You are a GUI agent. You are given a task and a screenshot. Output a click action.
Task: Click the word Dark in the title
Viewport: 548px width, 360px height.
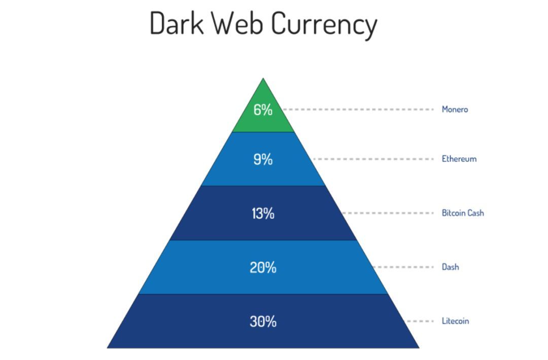[x=177, y=23]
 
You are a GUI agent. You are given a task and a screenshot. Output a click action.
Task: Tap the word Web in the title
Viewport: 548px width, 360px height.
[x=237, y=23]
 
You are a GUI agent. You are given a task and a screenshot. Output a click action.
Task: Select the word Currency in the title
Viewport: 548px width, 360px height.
[x=324, y=25]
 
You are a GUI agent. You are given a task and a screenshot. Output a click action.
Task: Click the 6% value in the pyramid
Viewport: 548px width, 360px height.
[x=263, y=110]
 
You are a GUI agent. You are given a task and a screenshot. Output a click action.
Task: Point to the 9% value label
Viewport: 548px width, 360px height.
[x=263, y=159]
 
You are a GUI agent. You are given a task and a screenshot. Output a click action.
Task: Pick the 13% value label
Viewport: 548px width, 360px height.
[x=263, y=213]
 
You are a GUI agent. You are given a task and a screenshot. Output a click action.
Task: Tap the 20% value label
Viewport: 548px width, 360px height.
[x=263, y=268]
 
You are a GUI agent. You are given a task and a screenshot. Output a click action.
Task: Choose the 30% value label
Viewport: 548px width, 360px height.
[x=263, y=321]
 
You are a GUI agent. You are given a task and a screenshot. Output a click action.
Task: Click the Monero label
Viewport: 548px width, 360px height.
[x=455, y=110]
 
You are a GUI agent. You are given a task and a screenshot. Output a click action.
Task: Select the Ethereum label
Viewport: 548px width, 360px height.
[x=459, y=159]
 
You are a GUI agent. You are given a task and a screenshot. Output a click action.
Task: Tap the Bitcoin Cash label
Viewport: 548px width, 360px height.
[x=463, y=213]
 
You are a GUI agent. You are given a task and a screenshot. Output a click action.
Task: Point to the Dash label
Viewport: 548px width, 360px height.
[x=450, y=267]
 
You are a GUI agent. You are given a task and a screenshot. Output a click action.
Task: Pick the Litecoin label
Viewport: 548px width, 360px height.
[x=455, y=321]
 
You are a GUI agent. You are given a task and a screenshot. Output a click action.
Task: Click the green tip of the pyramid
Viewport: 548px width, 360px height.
[x=263, y=112]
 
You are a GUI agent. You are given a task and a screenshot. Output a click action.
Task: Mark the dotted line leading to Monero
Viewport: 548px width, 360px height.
[x=358, y=110]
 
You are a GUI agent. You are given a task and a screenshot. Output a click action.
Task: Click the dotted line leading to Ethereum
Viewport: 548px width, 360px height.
[x=373, y=159]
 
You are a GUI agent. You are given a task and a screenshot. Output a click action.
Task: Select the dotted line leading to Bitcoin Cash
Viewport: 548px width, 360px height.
[x=388, y=213]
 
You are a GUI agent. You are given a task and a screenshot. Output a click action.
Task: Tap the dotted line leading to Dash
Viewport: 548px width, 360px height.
[x=403, y=267]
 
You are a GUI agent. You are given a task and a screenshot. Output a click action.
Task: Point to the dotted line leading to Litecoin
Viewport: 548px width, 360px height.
[x=419, y=321]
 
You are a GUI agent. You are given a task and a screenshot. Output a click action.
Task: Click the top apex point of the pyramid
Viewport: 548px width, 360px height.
[x=263, y=78]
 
